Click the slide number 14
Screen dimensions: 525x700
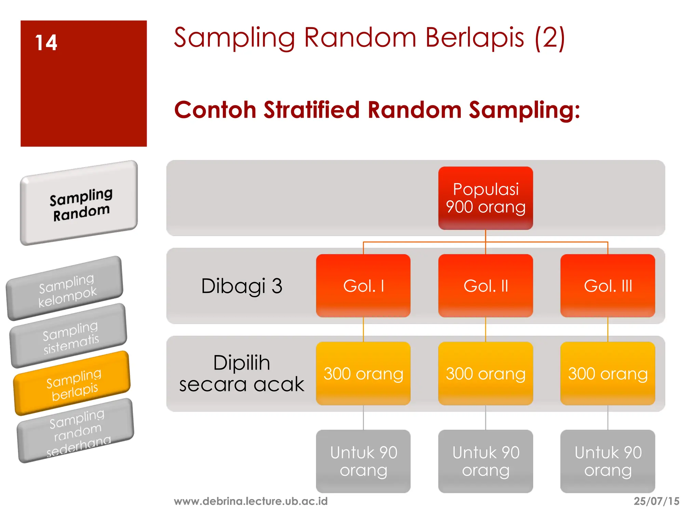[x=46, y=43]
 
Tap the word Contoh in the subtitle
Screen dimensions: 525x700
[x=215, y=110]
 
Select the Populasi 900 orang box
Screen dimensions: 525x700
[x=485, y=198]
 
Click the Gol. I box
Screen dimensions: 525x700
[x=363, y=286]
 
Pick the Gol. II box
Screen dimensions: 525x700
[x=485, y=286]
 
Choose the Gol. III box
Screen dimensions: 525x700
[x=608, y=286]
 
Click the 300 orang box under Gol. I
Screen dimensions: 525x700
[x=363, y=374]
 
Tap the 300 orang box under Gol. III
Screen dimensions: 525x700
[x=608, y=374]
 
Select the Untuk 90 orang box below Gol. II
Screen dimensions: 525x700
[x=485, y=461]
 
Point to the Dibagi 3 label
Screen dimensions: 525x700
[x=242, y=286]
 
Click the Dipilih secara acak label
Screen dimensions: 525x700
[x=242, y=374]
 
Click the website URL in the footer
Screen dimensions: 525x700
[x=251, y=501]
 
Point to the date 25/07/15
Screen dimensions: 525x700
[x=656, y=501]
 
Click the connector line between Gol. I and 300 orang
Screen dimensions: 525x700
[x=363, y=329]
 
